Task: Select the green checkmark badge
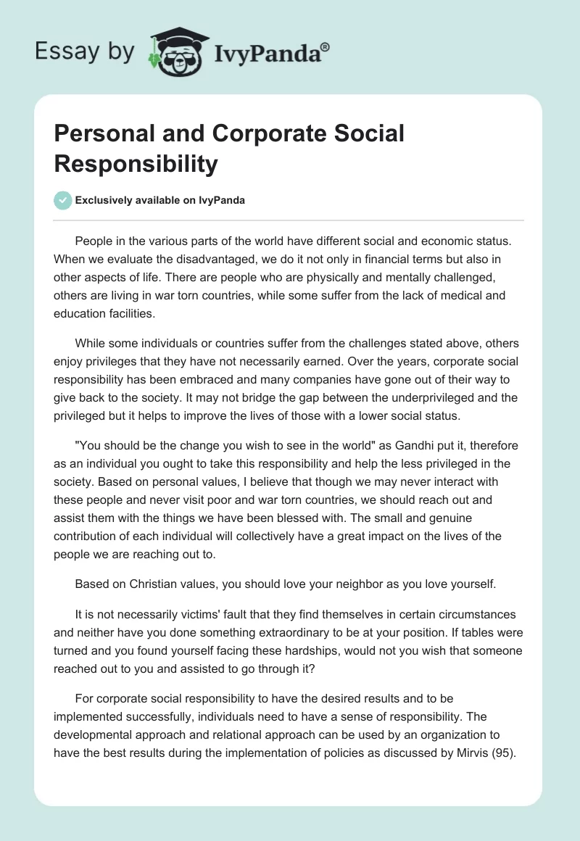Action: click(63, 200)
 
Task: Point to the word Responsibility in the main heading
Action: click(136, 164)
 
